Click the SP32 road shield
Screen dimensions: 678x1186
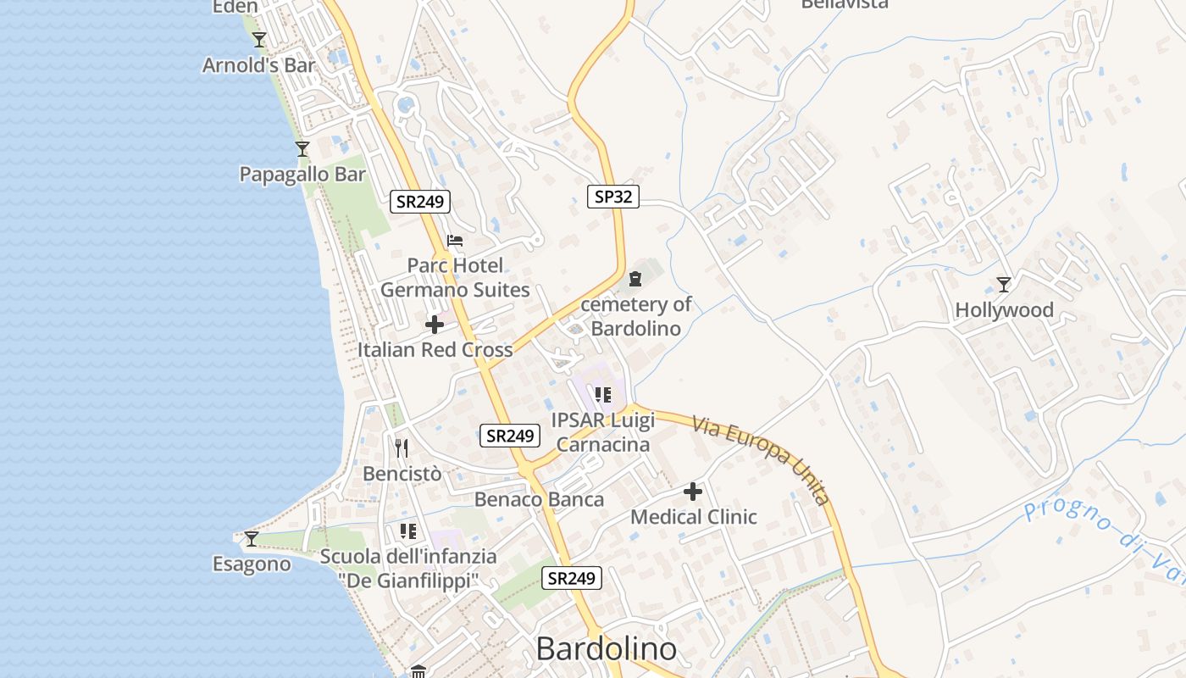click(612, 197)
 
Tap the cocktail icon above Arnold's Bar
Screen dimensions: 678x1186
click(259, 40)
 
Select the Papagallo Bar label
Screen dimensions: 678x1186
click(302, 175)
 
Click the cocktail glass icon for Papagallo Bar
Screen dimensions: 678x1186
click(302, 149)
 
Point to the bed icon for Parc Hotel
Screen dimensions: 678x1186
click(455, 241)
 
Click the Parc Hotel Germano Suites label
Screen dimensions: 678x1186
click(455, 278)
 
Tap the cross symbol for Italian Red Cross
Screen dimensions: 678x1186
click(435, 325)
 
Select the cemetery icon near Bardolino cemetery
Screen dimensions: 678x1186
click(635, 279)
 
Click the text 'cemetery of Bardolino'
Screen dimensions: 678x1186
click(635, 316)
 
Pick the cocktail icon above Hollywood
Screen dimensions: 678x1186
click(1004, 285)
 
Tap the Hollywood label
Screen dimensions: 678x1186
click(1004, 310)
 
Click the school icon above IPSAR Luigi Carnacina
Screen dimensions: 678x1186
click(602, 395)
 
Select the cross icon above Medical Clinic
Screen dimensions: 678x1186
click(693, 492)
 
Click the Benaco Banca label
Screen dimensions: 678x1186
click(539, 499)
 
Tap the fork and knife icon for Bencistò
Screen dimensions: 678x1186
click(402, 448)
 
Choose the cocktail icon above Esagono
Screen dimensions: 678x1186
click(251, 538)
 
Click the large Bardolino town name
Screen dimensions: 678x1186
click(607, 649)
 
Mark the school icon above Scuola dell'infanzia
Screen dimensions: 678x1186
click(408, 531)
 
